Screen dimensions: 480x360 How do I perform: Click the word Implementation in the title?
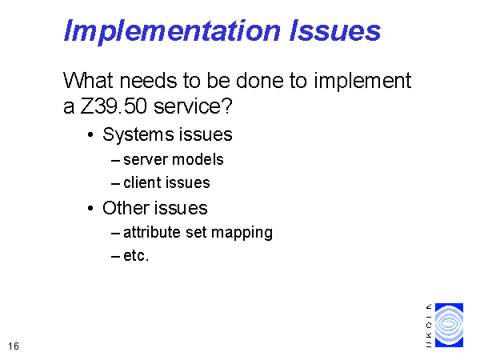[x=172, y=31]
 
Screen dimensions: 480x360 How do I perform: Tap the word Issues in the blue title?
[x=335, y=30]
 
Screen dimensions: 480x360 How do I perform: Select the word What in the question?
[x=88, y=81]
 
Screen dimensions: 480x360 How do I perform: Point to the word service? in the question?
[x=193, y=106]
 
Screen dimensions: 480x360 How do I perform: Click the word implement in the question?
[x=362, y=82]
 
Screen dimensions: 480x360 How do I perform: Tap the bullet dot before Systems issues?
[x=90, y=134]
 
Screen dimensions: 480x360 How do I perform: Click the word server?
[x=146, y=160]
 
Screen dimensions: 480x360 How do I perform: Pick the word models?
[x=198, y=159]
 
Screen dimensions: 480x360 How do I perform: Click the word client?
[x=142, y=182]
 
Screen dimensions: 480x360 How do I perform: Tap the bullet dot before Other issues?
[x=90, y=209]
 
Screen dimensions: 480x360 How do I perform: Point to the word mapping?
[x=242, y=234]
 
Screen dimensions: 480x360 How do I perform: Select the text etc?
[x=136, y=256]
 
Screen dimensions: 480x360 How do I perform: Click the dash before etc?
[x=115, y=257]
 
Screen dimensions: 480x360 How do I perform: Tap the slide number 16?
[x=14, y=346]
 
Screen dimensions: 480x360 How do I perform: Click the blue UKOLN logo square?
[x=449, y=325]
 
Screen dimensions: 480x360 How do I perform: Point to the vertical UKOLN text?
[x=429, y=326]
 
